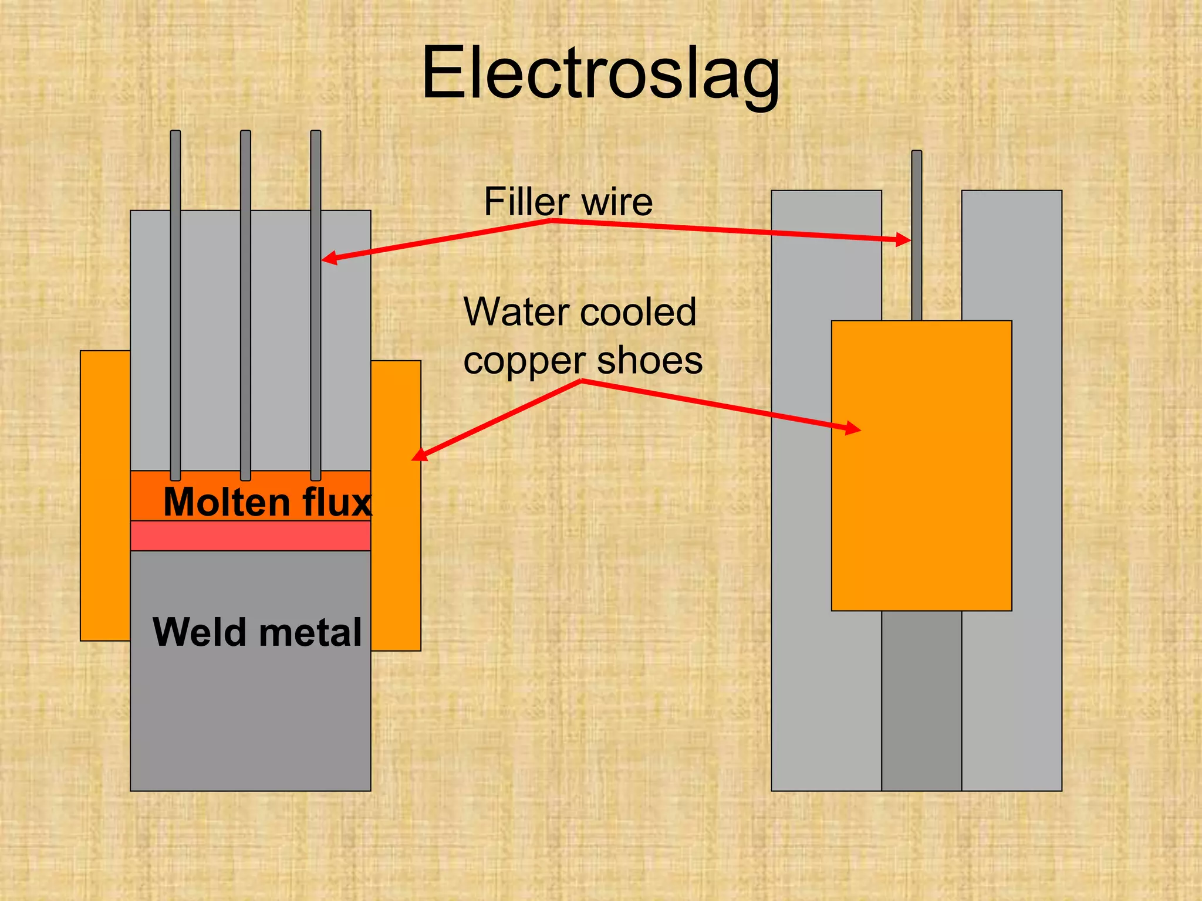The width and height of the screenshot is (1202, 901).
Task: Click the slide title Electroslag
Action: click(600, 73)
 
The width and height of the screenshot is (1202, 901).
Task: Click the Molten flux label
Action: click(267, 502)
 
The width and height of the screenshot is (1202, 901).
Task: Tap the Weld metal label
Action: click(257, 632)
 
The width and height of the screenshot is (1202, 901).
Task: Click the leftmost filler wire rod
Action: click(175, 305)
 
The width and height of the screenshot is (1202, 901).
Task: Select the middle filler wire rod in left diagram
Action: click(245, 305)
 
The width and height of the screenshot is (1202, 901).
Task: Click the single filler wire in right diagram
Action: click(916, 235)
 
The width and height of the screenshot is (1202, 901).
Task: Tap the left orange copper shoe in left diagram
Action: click(105, 496)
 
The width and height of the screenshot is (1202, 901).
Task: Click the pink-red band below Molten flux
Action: click(250, 536)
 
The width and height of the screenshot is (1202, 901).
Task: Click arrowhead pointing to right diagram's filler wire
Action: click(903, 239)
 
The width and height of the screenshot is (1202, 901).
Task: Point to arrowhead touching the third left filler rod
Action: click(329, 258)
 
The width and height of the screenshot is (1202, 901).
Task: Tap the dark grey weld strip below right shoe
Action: click(921, 700)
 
